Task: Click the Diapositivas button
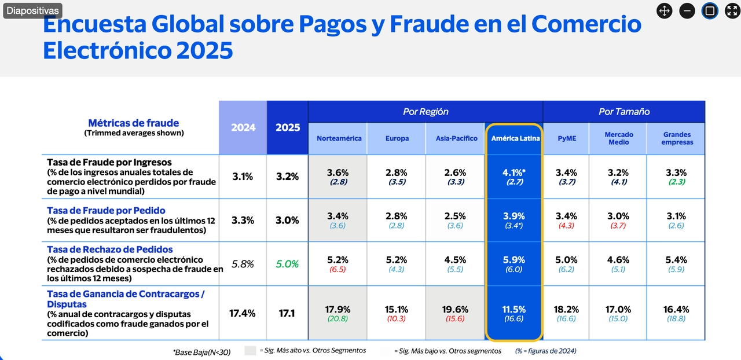click(x=32, y=10)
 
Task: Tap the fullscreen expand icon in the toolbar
click(x=732, y=10)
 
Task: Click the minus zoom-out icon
click(x=687, y=10)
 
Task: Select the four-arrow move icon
click(x=665, y=10)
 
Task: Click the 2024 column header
click(x=243, y=127)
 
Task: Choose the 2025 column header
click(x=288, y=127)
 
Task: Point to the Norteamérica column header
click(x=339, y=138)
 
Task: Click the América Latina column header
click(x=515, y=138)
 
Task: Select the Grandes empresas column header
click(x=677, y=138)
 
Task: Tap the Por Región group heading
click(x=425, y=112)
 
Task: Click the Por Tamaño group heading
click(x=623, y=112)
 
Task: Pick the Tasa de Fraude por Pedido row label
click(x=106, y=211)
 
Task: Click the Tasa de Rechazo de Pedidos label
click(x=109, y=249)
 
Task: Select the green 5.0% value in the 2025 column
click(x=288, y=264)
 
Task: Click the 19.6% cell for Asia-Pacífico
click(x=455, y=310)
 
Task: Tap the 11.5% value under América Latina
click(x=514, y=310)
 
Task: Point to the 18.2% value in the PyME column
click(x=567, y=310)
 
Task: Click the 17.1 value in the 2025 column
click(x=288, y=313)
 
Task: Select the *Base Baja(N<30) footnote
click(x=201, y=351)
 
